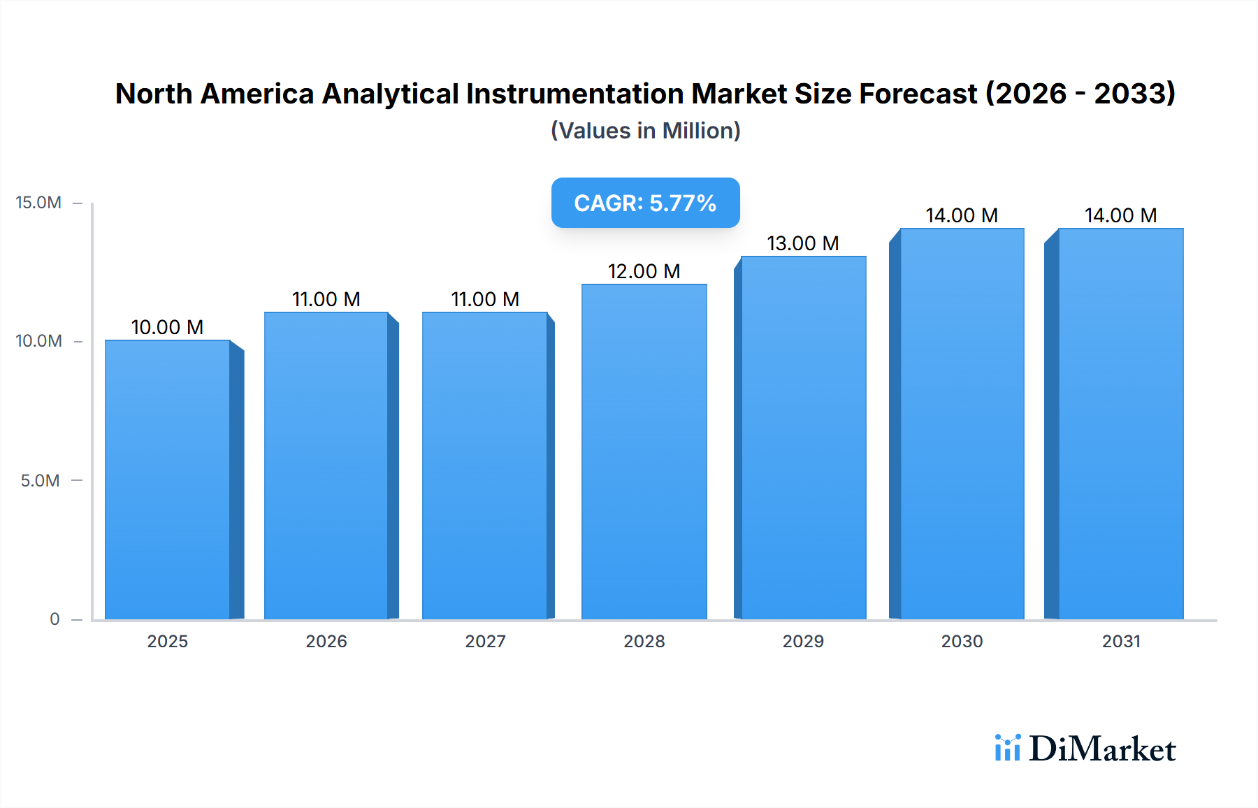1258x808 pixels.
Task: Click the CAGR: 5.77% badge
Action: click(645, 203)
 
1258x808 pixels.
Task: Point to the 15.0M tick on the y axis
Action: click(38, 203)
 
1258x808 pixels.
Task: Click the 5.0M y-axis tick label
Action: click(40, 480)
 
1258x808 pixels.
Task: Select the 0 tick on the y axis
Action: click(55, 619)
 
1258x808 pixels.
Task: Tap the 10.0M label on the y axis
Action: click(38, 341)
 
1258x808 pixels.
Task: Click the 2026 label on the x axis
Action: click(326, 641)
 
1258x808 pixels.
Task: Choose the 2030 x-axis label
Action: click(962, 641)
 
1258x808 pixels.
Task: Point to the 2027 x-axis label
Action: click(485, 641)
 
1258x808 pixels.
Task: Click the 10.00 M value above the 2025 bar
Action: click(167, 327)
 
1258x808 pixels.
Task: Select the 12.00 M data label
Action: click(644, 271)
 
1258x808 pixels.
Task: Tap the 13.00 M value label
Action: click(802, 243)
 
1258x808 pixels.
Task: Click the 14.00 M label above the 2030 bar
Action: click(962, 215)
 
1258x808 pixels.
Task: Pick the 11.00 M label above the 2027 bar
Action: click(485, 299)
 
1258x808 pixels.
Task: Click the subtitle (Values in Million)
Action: click(645, 131)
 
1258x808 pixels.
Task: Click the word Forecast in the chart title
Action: click(918, 94)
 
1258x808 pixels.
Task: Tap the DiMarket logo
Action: click(1085, 749)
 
